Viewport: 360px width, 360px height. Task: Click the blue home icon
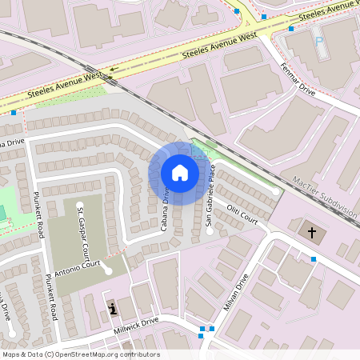[179, 173]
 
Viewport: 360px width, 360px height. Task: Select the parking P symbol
[319, 40]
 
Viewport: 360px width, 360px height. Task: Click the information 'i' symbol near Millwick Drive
[113, 307]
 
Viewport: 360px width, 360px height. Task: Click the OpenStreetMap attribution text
[81, 354]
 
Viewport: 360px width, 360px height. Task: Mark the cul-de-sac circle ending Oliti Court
[276, 192]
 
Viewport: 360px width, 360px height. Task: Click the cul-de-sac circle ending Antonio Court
[108, 270]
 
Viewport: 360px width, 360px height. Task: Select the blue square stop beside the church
[313, 259]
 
